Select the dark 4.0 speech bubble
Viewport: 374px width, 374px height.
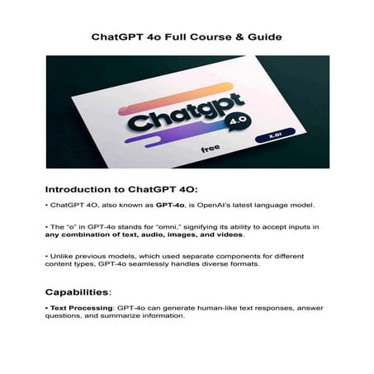[x=234, y=119]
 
